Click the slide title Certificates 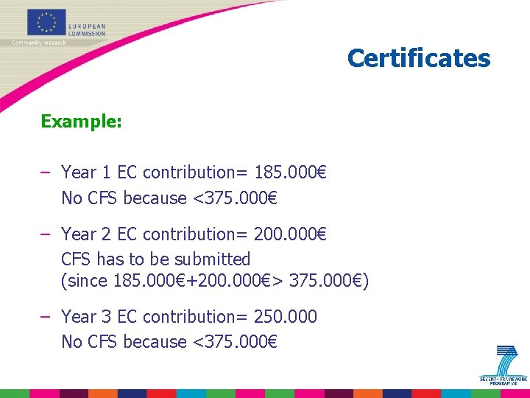pos(418,58)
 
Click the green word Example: pos(81,122)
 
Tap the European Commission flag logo pos(46,22)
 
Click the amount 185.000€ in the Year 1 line pos(290,172)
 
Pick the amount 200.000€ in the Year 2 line pos(290,234)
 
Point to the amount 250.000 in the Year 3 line pos(285,317)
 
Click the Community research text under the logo pos(38,43)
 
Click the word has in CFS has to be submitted pos(110,259)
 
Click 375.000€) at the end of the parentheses pos(329,281)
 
